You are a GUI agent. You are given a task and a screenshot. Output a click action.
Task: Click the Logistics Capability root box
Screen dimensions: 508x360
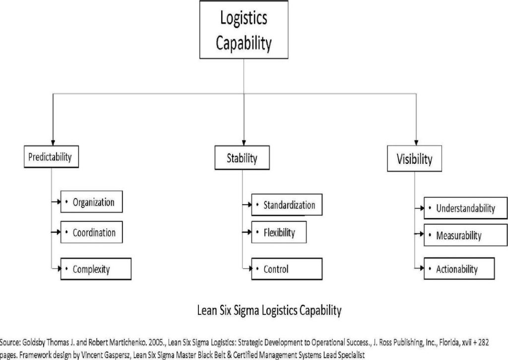click(x=244, y=30)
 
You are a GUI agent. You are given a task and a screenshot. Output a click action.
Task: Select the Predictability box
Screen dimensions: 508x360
click(x=51, y=156)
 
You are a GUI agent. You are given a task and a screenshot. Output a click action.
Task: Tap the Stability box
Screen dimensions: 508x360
click(x=242, y=157)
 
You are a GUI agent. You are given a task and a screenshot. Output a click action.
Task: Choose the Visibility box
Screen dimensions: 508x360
click(x=414, y=158)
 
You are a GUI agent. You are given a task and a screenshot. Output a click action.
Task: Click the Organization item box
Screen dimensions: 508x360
click(x=92, y=202)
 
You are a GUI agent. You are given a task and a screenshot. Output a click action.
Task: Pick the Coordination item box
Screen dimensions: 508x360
click(x=92, y=232)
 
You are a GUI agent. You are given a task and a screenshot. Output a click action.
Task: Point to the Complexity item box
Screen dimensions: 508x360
click(x=96, y=269)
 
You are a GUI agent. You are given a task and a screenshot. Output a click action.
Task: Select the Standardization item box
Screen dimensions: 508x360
click(x=287, y=205)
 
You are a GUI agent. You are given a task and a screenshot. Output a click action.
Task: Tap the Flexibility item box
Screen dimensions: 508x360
click(x=279, y=232)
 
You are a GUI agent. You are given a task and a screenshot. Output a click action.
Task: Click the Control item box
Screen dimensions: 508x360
click(x=287, y=269)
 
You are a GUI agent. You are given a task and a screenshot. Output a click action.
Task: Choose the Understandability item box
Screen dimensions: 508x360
click(x=465, y=208)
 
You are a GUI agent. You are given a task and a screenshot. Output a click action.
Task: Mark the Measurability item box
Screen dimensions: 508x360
click(x=465, y=235)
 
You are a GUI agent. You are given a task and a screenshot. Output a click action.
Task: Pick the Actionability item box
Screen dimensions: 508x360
click(x=459, y=269)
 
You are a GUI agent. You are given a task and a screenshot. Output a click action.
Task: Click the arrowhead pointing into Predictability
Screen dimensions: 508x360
click(x=53, y=143)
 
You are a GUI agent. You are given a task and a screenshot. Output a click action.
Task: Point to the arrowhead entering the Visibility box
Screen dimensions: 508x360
click(x=416, y=143)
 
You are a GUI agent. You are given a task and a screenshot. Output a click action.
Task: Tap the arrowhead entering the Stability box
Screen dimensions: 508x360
click(x=244, y=143)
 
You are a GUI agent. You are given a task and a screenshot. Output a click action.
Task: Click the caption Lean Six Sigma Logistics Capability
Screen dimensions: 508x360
click(x=269, y=310)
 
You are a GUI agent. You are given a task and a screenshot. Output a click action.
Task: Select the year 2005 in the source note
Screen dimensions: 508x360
click(x=156, y=343)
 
